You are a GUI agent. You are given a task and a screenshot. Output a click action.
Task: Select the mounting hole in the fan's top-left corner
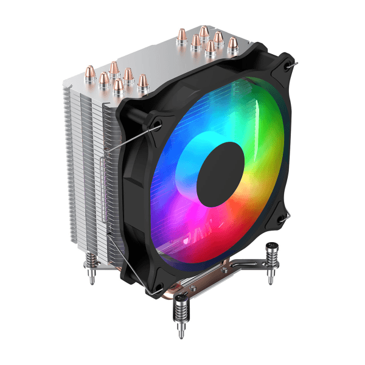coord(157,123)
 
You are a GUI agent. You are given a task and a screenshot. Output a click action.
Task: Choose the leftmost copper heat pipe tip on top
coord(104,78)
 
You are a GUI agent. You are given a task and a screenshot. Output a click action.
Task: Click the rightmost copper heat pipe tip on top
coord(232,43)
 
